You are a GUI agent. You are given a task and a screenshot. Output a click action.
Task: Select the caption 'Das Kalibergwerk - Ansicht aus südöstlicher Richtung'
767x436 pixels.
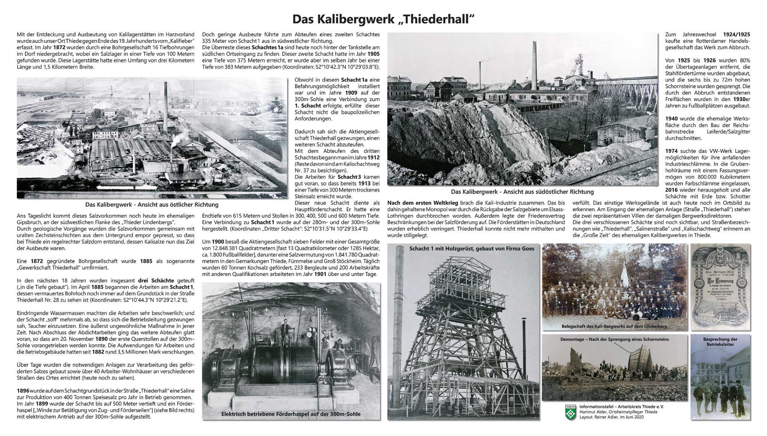point(522,191)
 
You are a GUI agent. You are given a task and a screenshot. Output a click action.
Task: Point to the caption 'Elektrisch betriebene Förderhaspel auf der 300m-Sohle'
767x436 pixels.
point(291,414)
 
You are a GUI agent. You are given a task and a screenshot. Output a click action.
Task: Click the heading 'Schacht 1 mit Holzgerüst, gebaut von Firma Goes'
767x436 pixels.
point(472,248)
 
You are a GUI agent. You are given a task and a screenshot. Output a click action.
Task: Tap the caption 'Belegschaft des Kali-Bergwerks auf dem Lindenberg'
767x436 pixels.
point(614,326)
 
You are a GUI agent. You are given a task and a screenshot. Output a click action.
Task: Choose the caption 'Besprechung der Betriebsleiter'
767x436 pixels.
point(720,342)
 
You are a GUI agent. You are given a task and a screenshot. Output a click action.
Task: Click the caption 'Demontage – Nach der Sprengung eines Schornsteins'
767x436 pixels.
point(614,339)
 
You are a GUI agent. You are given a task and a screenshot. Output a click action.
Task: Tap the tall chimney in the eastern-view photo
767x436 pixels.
point(166,104)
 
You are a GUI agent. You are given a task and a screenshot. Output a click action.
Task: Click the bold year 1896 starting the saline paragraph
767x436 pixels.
point(23,390)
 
